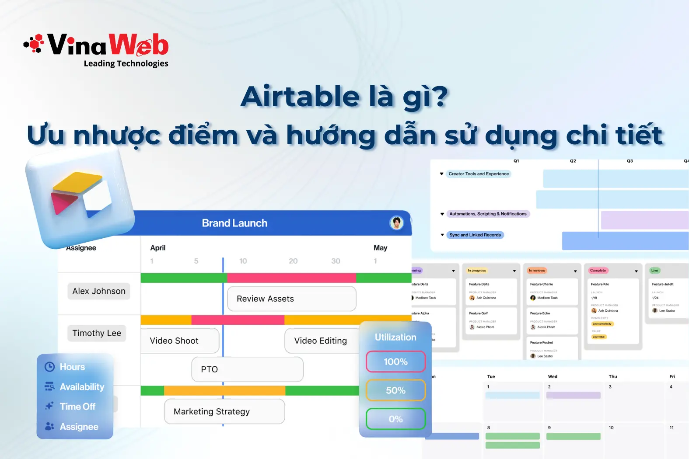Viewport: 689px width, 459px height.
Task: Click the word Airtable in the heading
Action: (x=300, y=97)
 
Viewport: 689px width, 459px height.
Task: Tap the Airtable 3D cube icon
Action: (x=81, y=197)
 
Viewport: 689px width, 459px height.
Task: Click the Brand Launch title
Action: (x=234, y=223)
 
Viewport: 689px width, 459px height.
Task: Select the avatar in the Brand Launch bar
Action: (x=396, y=223)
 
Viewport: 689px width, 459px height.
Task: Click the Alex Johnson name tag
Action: (x=99, y=291)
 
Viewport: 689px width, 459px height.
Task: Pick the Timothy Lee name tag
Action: (x=97, y=333)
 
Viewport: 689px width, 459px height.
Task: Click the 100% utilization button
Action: (x=395, y=362)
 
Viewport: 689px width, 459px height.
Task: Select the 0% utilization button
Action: (x=395, y=419)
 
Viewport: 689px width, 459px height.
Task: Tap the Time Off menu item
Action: (x=77, y=407)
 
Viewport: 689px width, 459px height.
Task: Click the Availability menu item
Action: (x=82, y=387)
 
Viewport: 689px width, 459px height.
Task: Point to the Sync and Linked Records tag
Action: (x=475, y=235)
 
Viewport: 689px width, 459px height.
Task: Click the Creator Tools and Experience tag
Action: (x=479, y=174)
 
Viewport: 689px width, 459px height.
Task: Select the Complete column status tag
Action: (x=598, y=271)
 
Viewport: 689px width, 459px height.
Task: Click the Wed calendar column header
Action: (x=553, y=376)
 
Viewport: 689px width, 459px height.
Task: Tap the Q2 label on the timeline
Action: (x=573, y=161)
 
